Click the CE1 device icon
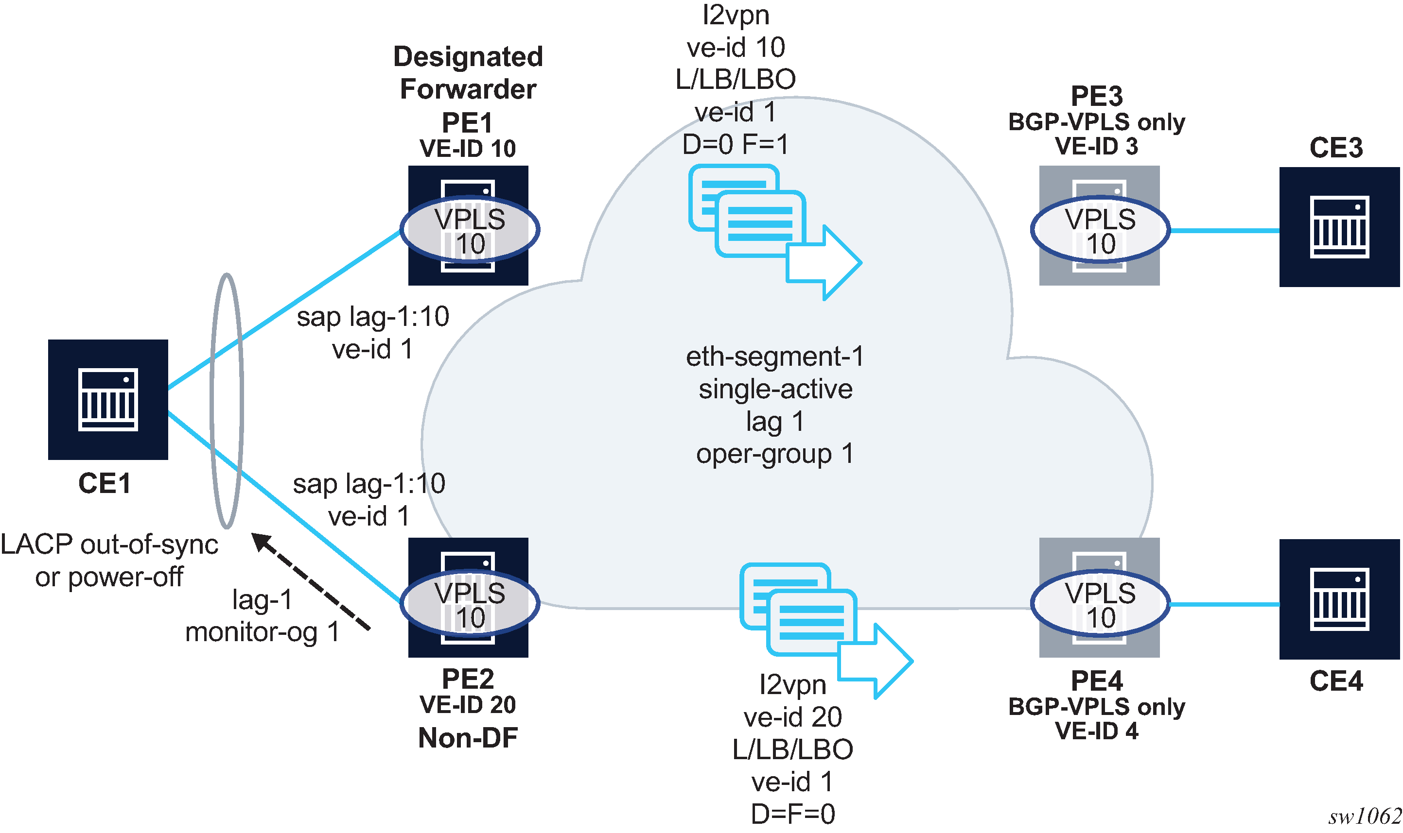[x=108, y=399]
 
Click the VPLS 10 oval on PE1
[x=470, y=230]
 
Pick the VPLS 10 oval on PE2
[x=470, y=603]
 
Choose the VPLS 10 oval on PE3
[x=1100, y=230]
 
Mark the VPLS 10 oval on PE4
[x=1100, y=603]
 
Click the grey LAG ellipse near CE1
[x=227, y=401]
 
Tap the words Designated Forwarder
[x=468, y=73]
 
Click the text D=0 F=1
[x=735, y=144]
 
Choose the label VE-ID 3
[x=1096, y=147]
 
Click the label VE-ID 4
[x=1096, y=731]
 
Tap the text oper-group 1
[x=774, y=454]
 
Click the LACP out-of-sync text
[x=109, y=544]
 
